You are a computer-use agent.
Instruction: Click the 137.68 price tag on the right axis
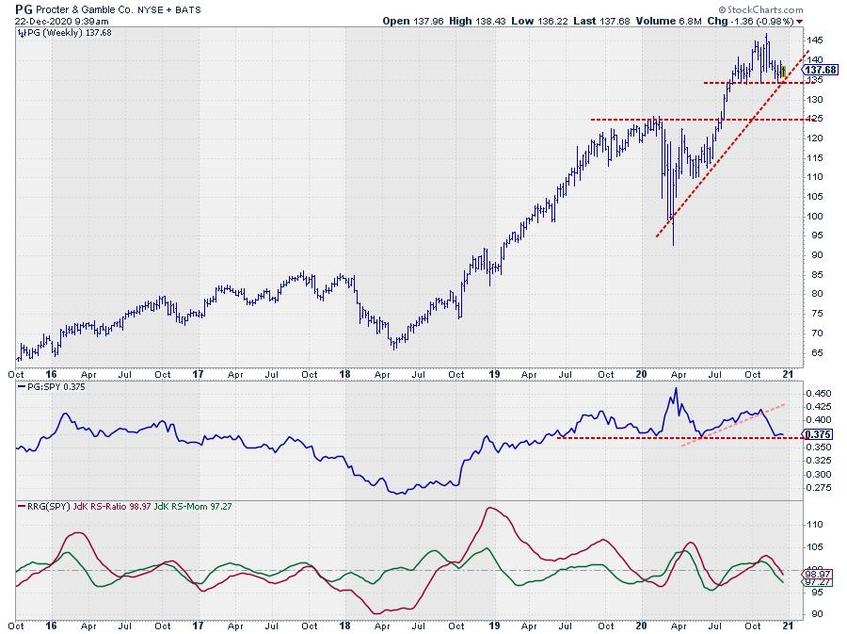[x=821, y=70]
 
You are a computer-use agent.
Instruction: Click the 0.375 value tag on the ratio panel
[x=819, y=434]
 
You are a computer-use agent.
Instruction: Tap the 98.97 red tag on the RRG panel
[x=817, y=574]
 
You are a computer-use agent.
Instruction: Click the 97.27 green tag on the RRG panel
[x=817, y=583]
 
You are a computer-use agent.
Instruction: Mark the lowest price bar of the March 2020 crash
[x=673, y=243]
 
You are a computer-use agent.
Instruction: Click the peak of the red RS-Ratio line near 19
[x=490, y=509]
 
